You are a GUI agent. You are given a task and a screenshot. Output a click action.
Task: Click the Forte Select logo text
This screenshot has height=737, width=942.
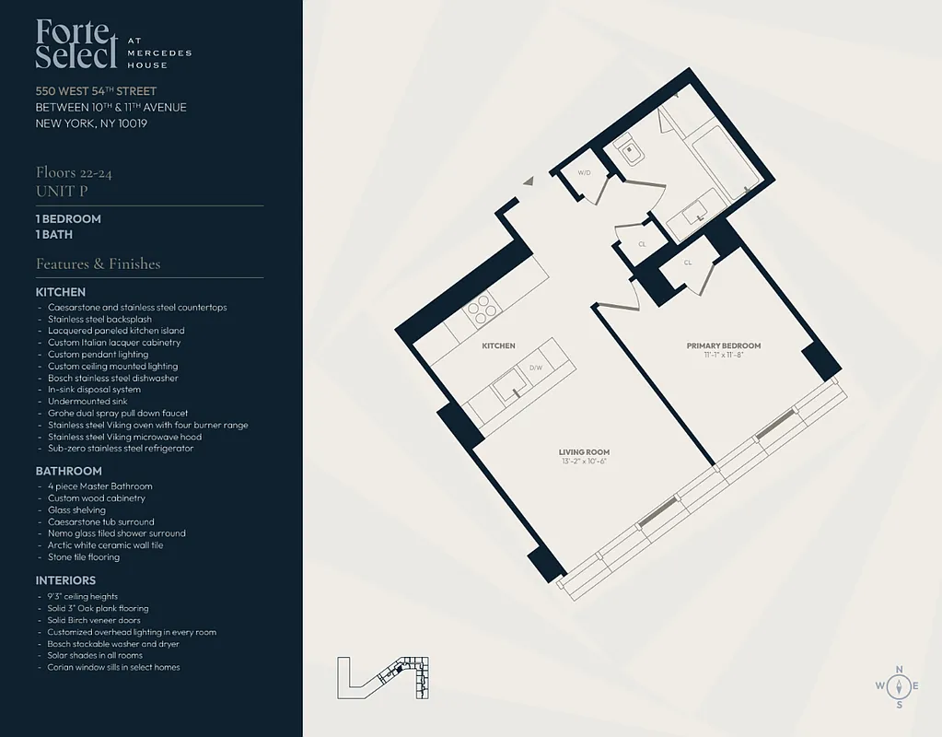(x=76, y=43)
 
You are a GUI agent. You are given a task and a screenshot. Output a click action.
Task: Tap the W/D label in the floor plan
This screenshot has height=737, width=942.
(x=584, y=173)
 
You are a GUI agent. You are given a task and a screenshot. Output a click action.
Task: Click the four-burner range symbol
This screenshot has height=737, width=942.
(x=481, y=311)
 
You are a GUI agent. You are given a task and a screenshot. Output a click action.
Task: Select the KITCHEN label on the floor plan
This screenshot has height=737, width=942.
(x=498, y=345)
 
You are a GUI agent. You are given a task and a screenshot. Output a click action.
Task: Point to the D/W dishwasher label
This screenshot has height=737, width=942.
(x=535, y=368)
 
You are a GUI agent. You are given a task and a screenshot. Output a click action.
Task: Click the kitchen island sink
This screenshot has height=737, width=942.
(x=508, y=389)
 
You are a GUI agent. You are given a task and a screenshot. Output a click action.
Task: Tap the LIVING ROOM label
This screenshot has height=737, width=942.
(x=584, y=451)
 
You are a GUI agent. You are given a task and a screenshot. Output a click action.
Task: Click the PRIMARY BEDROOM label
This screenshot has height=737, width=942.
(x=724, y=345)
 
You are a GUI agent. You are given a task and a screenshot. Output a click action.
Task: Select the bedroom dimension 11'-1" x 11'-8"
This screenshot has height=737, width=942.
(x=724, y=355)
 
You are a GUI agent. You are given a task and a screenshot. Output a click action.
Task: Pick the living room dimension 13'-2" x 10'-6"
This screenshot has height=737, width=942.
(x=584, y=460)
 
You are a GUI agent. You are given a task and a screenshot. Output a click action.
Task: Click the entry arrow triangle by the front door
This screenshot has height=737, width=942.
(x=529, y=182)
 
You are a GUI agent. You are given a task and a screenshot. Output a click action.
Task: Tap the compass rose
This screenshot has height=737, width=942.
(x=899, y=686)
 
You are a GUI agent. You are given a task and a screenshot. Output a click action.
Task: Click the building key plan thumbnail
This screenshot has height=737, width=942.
(x=383, y=677)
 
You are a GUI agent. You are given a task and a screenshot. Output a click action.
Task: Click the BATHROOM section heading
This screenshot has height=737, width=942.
(x=69, y=471)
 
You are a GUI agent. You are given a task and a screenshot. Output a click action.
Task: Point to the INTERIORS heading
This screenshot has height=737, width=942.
(x=65, y=580)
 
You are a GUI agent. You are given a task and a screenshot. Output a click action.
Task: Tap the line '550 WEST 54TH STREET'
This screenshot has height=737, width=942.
(x=96, y=91)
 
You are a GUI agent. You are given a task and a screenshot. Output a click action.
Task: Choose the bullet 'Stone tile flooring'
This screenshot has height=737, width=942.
(x=84, y=557)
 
